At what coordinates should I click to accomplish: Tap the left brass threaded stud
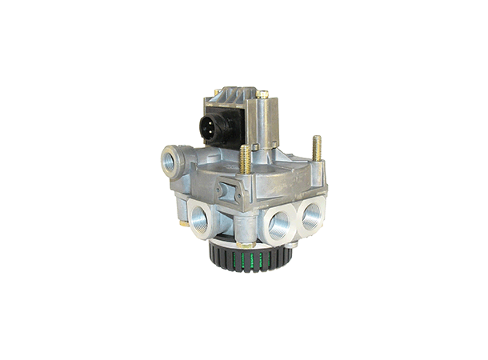point(245,161)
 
